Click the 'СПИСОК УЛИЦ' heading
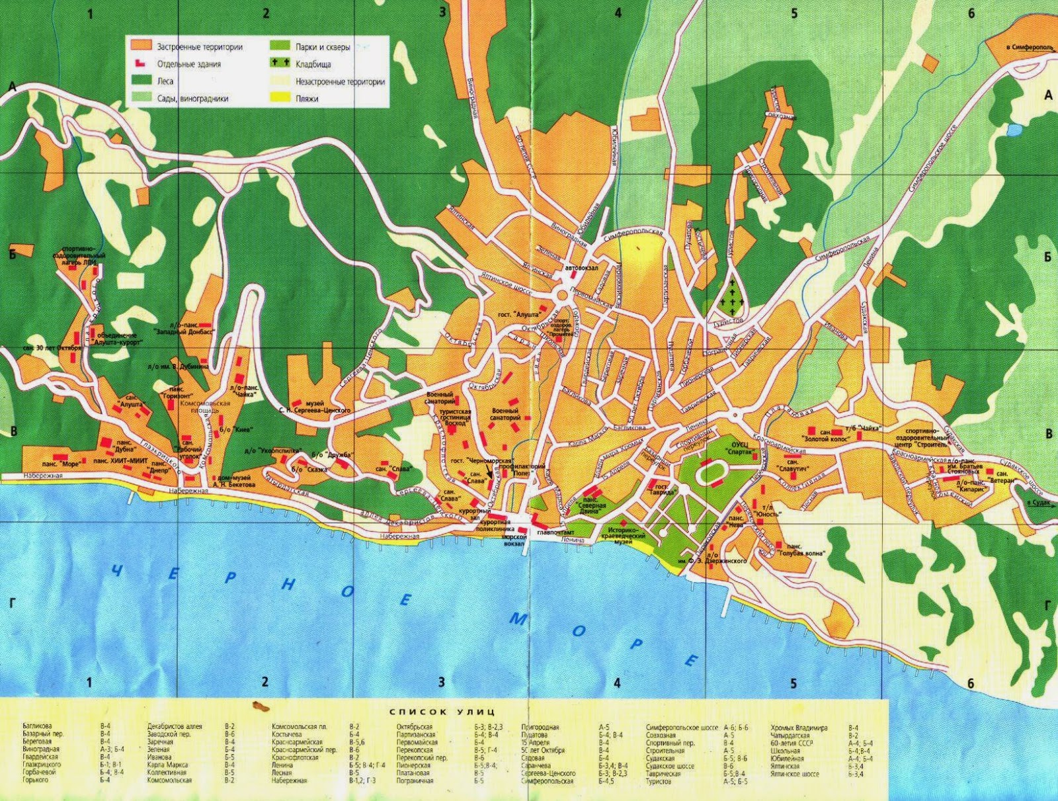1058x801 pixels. [442, 712]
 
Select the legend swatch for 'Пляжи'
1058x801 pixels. [278, 99]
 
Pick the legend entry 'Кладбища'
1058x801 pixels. [313, 65]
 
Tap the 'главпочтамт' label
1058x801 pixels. [555, 532]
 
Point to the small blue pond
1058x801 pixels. [1012, 130]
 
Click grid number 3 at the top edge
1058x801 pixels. [442, 13]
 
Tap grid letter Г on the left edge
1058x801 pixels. [11, 603]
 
